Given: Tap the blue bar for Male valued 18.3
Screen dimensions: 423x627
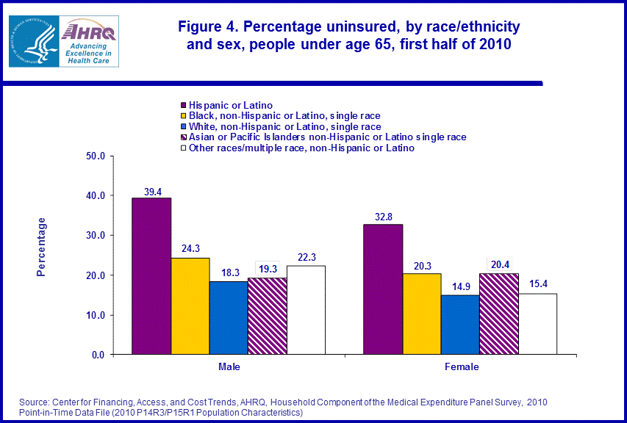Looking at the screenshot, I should coord(228,318).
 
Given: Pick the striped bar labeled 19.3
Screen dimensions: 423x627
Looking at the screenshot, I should coord(267,316).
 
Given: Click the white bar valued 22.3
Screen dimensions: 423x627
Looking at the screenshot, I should coord(306,310).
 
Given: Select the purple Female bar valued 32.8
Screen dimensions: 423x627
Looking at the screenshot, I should coord(383,289).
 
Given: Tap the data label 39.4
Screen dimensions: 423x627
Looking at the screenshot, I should coord(151,191).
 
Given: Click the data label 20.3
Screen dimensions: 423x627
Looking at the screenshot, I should coord(422,267).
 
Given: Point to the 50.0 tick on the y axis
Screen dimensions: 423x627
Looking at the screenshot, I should coord(96,156).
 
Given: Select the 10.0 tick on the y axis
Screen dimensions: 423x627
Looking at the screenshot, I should coord(96,315).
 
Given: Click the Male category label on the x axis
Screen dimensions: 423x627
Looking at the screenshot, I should coord(229,366).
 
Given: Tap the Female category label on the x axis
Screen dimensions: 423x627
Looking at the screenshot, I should coord(461,366).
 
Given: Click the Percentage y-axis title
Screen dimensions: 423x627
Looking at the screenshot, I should coord(42,246).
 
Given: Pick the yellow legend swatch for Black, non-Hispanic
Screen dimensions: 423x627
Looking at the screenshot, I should coord(184,115).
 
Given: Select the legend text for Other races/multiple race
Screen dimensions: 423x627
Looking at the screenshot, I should coord(301,148).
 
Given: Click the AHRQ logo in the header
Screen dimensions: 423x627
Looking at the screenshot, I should coord(89,40).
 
